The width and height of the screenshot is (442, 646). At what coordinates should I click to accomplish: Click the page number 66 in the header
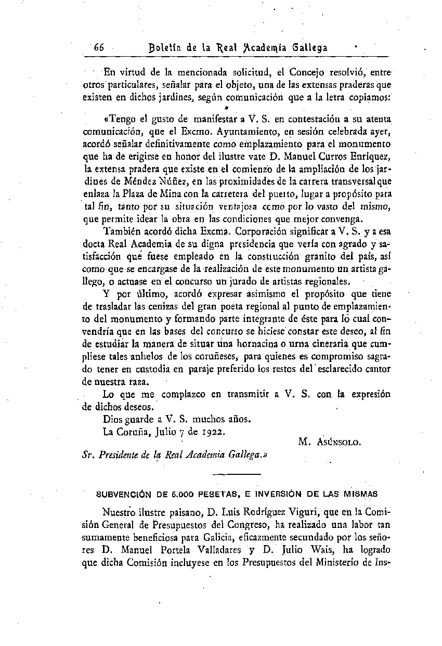click(99, 47)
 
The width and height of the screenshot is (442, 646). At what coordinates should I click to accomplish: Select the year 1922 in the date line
click(215, 431)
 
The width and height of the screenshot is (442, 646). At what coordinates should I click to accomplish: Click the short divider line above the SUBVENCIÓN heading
click(237, 474)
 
